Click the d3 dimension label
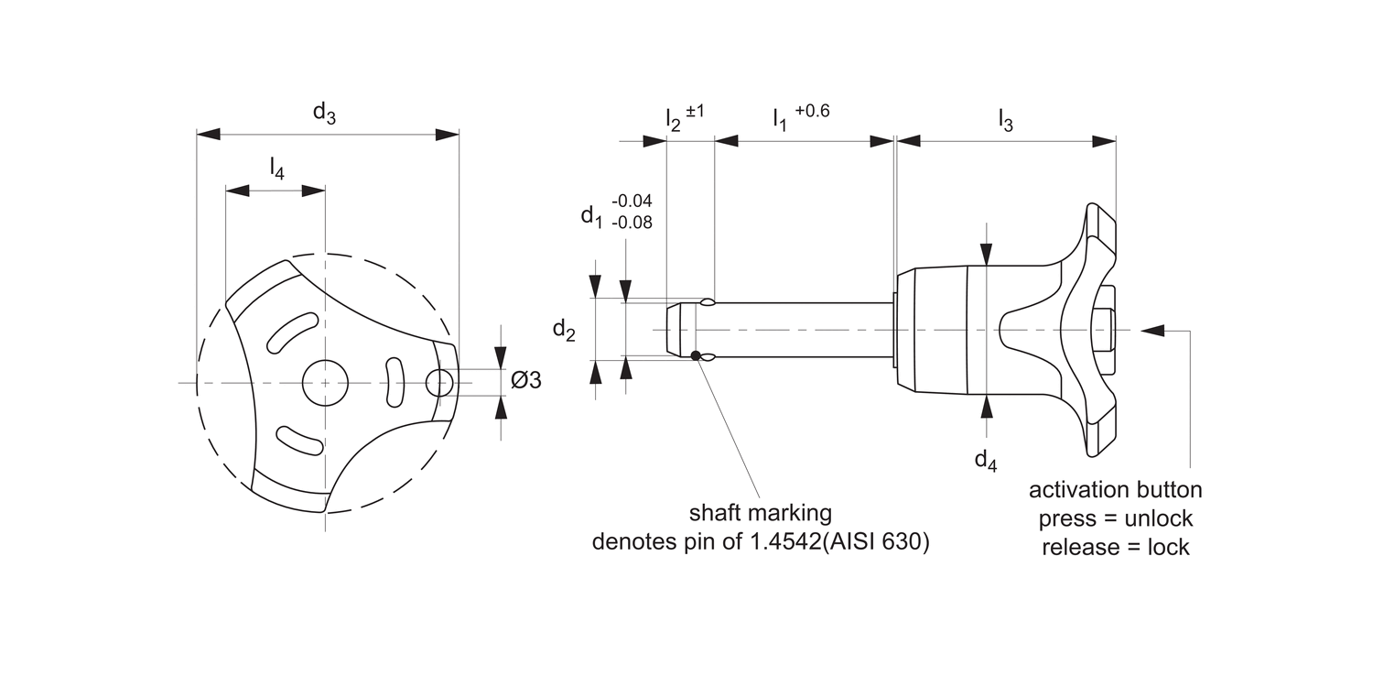(324, 113)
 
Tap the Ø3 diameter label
(526, 379)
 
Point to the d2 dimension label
(564, 331)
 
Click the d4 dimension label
(985, 460)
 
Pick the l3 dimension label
(1005, 120)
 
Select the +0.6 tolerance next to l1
(813, 111)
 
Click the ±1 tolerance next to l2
(696, 111)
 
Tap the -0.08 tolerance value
(632, 222)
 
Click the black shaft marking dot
(697, 355)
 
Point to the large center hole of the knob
(325, 382)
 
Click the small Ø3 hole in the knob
(440, 381)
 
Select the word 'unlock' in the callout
(1158, 518)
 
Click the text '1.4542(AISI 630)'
(840, 541)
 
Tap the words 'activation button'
(1116, 489)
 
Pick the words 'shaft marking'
(761, 512)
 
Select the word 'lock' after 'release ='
(1169, 548)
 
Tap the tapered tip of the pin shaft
(674, 330)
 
